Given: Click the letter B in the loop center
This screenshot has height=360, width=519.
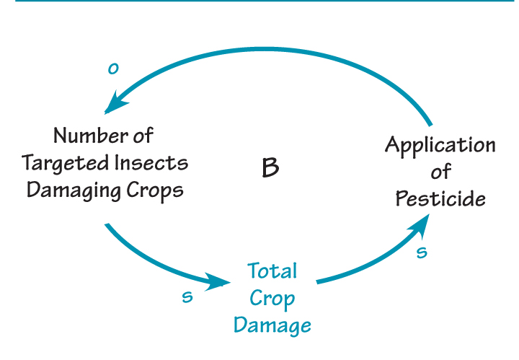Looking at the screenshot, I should (x=270, y=168).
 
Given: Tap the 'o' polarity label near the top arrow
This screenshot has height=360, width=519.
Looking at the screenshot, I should (x=112, y=69).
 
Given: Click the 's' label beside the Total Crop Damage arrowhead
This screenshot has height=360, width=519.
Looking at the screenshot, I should (x=187, y=297).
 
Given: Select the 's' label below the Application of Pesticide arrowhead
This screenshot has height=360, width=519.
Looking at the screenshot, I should (x=422, y=252).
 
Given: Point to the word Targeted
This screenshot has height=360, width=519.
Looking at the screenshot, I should (x=63, y=163).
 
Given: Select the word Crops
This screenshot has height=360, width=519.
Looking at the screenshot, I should (x=154, y=190).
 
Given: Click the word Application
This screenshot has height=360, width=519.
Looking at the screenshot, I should (x=440, y=145).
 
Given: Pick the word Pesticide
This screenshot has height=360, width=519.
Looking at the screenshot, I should (x=440, y=198).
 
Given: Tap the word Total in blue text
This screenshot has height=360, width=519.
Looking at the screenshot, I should (x=272, y=271).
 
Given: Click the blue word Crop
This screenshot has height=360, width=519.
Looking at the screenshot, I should (x=272, y=298).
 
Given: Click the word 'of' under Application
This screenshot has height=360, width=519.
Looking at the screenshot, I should (x=441, y=172).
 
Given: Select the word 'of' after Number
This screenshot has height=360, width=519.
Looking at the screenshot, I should (x=141, y=135).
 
